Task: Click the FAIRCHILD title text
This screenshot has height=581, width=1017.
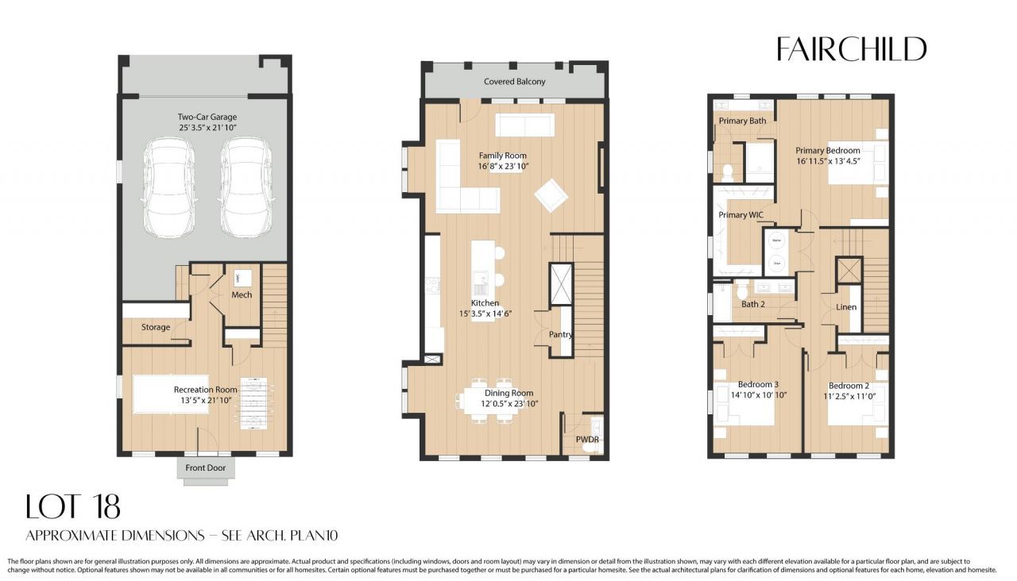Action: point(851,49)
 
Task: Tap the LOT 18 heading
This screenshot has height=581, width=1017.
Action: point(73,506)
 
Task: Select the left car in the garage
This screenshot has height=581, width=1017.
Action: point(167,187)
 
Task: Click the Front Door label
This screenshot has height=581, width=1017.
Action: point(206,467)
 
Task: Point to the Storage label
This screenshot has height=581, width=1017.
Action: point(156,327)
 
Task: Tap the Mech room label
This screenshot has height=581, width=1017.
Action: point(242,295)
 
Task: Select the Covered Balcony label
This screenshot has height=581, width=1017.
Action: point(515,82)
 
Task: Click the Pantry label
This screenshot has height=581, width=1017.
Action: point(561,334)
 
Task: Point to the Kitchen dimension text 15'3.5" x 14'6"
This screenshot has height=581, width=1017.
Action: point(485,314)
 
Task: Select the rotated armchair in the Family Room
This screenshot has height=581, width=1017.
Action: point(550,195)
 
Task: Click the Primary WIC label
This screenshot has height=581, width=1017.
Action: point(744,215)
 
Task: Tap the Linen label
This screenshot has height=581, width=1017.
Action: point(846,307)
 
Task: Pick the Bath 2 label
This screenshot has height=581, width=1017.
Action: point(753,304)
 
